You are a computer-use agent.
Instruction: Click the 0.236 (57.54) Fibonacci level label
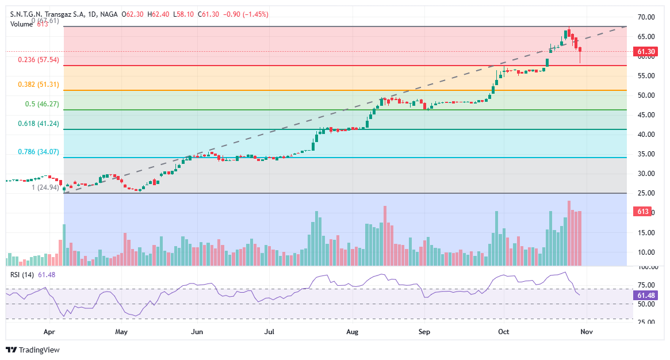point(39,60)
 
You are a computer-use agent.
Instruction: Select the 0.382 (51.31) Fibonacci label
point(39,84)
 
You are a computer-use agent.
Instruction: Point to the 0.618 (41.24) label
point(39,124)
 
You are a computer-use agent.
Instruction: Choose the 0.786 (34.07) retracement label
point(39,152)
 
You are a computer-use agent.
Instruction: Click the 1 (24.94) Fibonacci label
point(45,187)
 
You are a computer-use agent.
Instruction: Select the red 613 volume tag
point(641,212)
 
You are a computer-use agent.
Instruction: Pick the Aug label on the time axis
point(353,332)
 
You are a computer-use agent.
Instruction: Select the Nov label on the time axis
point(586,332)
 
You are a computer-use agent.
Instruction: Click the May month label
point(121,332)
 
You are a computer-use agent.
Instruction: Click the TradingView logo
point(33,350)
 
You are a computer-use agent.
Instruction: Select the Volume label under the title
point(22,24)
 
